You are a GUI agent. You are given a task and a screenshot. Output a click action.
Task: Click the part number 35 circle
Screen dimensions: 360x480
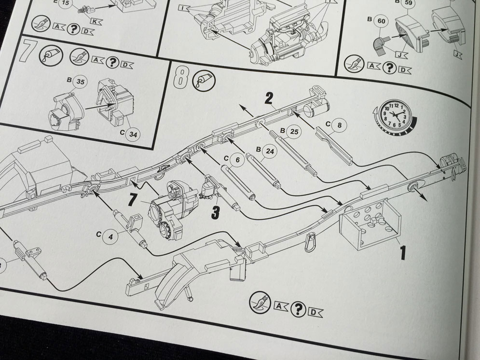point(80,83)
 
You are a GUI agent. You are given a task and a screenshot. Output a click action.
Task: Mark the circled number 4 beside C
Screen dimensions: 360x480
point(110,237)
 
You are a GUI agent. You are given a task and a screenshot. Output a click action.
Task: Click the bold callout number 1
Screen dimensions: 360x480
point(402,251)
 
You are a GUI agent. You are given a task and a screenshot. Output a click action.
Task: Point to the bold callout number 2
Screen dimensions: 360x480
point(269,99)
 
